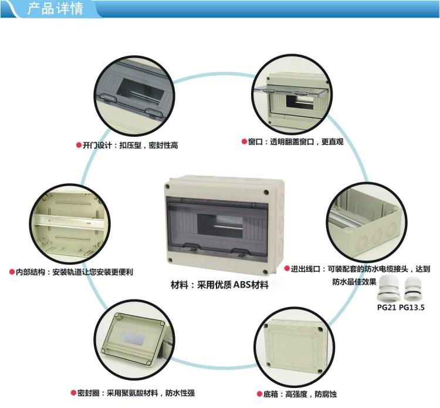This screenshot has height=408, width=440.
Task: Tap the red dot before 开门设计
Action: [x=78, y=144]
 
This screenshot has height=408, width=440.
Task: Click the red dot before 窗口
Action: [x=243, y=141]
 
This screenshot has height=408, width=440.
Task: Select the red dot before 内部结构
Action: [x=12, y=272]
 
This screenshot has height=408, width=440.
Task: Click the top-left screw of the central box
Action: [x=169, y=186]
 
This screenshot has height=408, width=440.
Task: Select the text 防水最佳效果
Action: [x=354, y=281]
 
